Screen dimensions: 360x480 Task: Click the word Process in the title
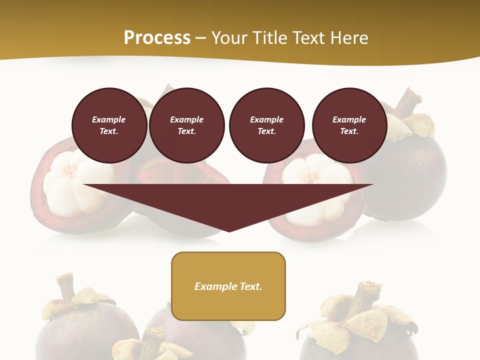click(157, 38)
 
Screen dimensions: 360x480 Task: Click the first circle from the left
click(109, 125)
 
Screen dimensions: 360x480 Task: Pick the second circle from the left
click(186, 125)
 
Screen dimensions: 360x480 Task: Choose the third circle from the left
click(266, 125)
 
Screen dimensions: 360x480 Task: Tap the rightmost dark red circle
click(349, 125)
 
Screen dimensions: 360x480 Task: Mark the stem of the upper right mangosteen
click(407, 102)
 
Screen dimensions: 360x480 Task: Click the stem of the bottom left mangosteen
click(65, 287)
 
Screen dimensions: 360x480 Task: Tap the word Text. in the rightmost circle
click(349, 131)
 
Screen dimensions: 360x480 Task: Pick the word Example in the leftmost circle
click(109, 119)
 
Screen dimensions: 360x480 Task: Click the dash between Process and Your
click(201, 38)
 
